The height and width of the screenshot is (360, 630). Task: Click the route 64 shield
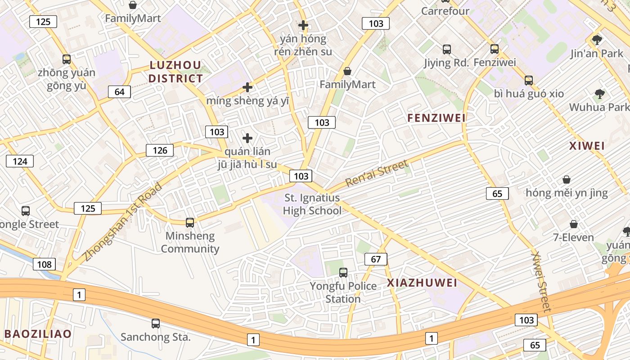pyautogui.click(x=119, y=92)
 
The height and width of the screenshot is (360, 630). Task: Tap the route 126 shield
pyautogui.click(x=160, y=150)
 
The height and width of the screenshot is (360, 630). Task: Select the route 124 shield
pyautogui.click(x=20, y=161)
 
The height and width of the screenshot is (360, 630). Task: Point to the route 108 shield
pyautogui.click(x=44, y=264)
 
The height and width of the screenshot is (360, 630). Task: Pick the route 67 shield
pyautogui.click(x=376, y=259)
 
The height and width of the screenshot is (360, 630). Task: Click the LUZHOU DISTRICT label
pyautogui.click(x=175, y=72)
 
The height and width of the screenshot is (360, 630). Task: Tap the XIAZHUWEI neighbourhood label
pyautogui.click(x=422, y=283)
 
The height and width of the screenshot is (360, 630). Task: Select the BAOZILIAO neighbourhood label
pyautogui.click(x=38, y=334)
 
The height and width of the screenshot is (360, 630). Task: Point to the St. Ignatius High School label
pyautogui.click(x=312, y=204)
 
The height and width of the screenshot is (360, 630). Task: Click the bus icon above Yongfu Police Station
pyautogui.click(x=343, y=272)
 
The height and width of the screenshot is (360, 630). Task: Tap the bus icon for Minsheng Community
pyautogui.click(x=190, y=222)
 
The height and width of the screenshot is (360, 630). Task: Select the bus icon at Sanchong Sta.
pyautogui.click(x=156, y=323)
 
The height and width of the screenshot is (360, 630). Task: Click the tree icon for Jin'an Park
pyautogui.click(x=597, y=40)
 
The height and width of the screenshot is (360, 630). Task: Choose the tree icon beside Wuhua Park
pyautogui.click(x=599, y=94)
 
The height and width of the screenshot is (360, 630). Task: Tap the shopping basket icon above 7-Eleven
pyautogui.click(x=574, y=224)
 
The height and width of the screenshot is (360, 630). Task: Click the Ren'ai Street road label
pyautogui.click(x=377, y=173)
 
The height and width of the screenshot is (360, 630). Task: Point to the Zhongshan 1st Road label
pyautogui.click(x=122, y=222)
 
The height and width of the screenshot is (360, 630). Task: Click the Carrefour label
pyautogui.click(x=445, y=11)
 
